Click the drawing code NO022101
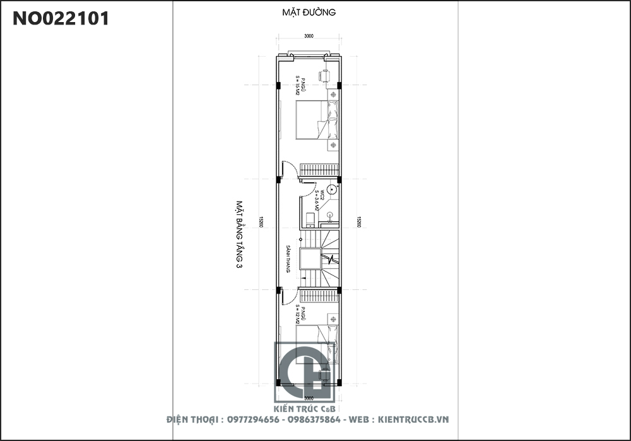pyautogui.click(x=61, y=19)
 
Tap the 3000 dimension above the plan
pyautogui.click(x=309, y=37)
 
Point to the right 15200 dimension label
pyautogui.click(x=358, y=222)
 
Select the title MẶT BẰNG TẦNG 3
pyautogui.click(x=240, y=235)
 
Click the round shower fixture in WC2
pyautogui.click(x=328, y=190)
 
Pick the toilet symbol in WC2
pyautogui.click(x=310, y=220)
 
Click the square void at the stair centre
pyautogui.click(x=310, y=259)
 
